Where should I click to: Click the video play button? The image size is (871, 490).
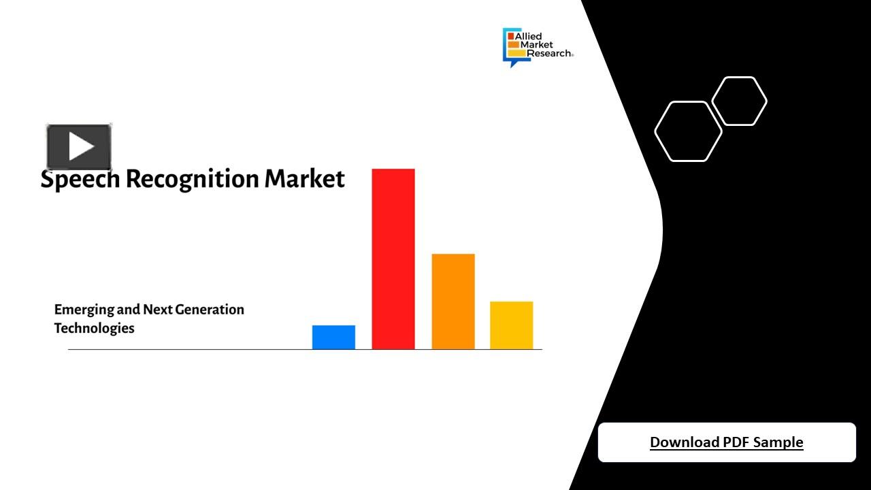coord(79,146)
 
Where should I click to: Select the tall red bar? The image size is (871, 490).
coord(393,259)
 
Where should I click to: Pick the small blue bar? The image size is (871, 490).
coord(333,337)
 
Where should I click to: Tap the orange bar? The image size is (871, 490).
coord(453,301)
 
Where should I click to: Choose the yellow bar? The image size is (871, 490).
coord(511,325)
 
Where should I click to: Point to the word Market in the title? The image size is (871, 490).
coord(304,179)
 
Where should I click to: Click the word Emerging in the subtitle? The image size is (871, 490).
coord(84,310)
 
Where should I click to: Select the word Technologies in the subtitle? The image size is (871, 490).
coord(94,328)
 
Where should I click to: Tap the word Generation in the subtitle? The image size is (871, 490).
coord(209,310)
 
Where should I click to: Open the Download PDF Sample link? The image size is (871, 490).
coord(726,442)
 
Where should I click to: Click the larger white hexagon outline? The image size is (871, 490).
coord(688,131)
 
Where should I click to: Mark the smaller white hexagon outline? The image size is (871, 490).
coord(739,101)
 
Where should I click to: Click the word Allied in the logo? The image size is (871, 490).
coord(529,36)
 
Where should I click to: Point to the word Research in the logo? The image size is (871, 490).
coord(548,53)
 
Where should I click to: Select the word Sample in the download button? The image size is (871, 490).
coord(778,442)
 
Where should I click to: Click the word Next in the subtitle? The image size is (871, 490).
coord(157,310)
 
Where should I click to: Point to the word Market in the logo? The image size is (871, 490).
coord(536,45)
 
